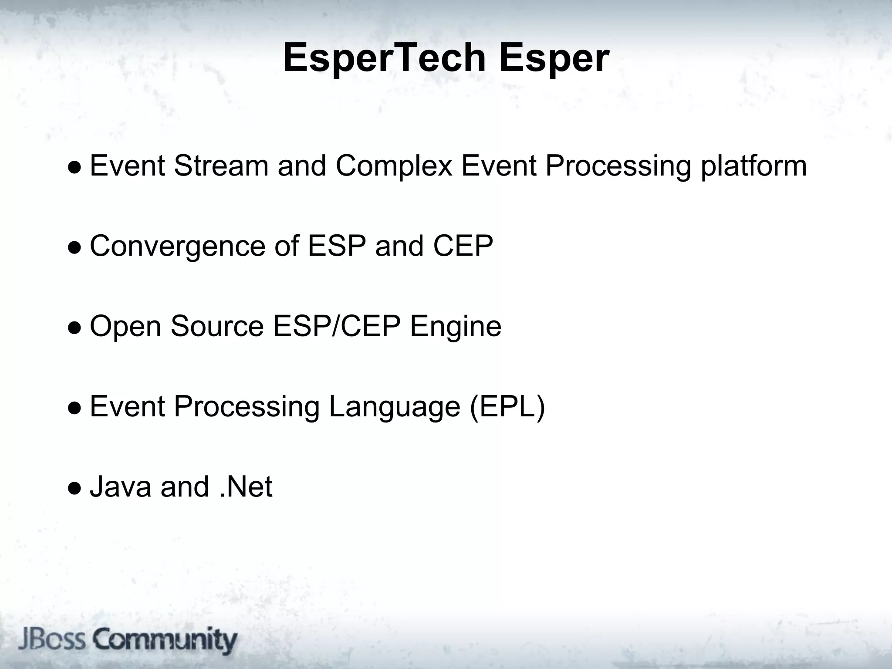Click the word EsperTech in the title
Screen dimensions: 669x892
pyautogui.click(x=384, y=58)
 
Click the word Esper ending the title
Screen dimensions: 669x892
pyautogui.click(x=554, y=58)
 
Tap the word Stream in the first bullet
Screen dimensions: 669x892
pyautogui.click(x=221, y=166)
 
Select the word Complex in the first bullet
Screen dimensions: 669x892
pyautogui.click(x=394, y=166)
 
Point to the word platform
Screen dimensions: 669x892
pyautogui.click(x=753, y=166)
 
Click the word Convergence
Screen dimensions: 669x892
pyautogui.click(x=176, y=246)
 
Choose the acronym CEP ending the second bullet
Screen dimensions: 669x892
pyautogui.click(x=463, y=246)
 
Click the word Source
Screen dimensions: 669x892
pyautogui.click(x=217, y=327)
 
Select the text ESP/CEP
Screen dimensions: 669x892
pyautogui.click(x=337, y=327)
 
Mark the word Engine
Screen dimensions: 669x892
pyautogui.click(x=456, y=327)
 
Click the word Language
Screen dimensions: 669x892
pyautogui.click(x=394, y=407)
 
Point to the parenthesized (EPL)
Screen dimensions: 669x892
pyautogui.click(x=507, y=407)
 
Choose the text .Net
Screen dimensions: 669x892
pyautogui.click(x=245, y=487)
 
